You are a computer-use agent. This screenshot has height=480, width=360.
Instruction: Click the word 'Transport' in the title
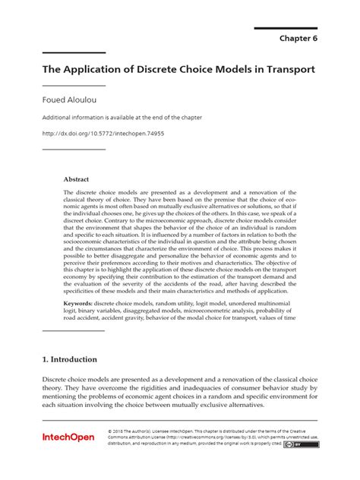288,68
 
